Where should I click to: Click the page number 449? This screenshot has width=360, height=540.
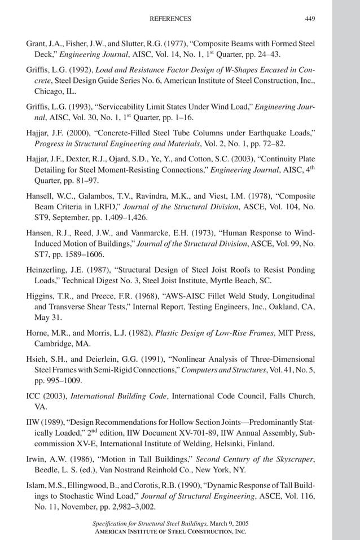tap(310, 19)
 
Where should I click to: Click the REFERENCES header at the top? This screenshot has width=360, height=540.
tap(170, 19)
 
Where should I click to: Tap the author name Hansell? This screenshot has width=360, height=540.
tap(42, 196)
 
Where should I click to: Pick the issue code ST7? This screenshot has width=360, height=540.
tap(43, 253)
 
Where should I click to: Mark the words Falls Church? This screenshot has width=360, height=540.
tap(284, 396)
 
